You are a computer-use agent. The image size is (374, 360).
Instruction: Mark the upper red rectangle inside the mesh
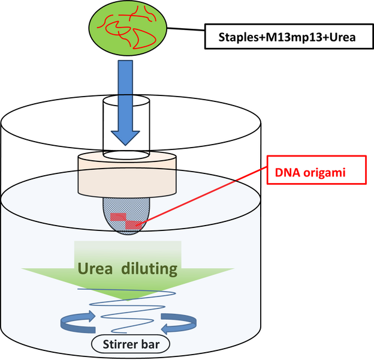(x=118, y=217)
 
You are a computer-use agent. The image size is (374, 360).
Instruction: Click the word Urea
(x=95, y=269)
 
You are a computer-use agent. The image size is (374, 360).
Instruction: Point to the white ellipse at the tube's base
(x=125, y=154)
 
